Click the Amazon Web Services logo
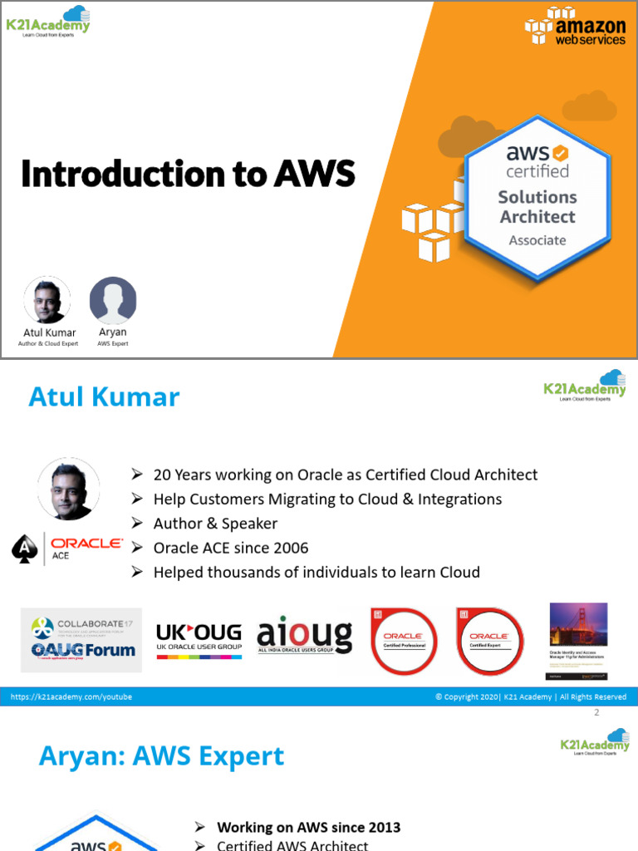[x=575, y=27]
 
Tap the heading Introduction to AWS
[x=188, y=174]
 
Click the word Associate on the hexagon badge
[x=537, y=240]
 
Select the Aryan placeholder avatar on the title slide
[x=113, y=300]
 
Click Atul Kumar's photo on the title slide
[x=47, y=300]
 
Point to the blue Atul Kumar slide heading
[x=104, y=397]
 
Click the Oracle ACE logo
[x=68, y=548]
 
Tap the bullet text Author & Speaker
[x=215, y=524]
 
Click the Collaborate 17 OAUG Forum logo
[x=81, y=639]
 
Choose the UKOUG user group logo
[x=199, y=639]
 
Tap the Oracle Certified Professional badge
[x=404, y=641]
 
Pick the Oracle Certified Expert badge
[x=489, y=641]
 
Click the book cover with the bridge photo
[x=578, y=637]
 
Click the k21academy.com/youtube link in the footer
[x=71, y=697]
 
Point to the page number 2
[x=596, y=713]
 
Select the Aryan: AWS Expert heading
[x=162, y=756]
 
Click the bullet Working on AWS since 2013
[x=308, y=827]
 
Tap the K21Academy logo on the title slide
[x=48, y=20]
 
